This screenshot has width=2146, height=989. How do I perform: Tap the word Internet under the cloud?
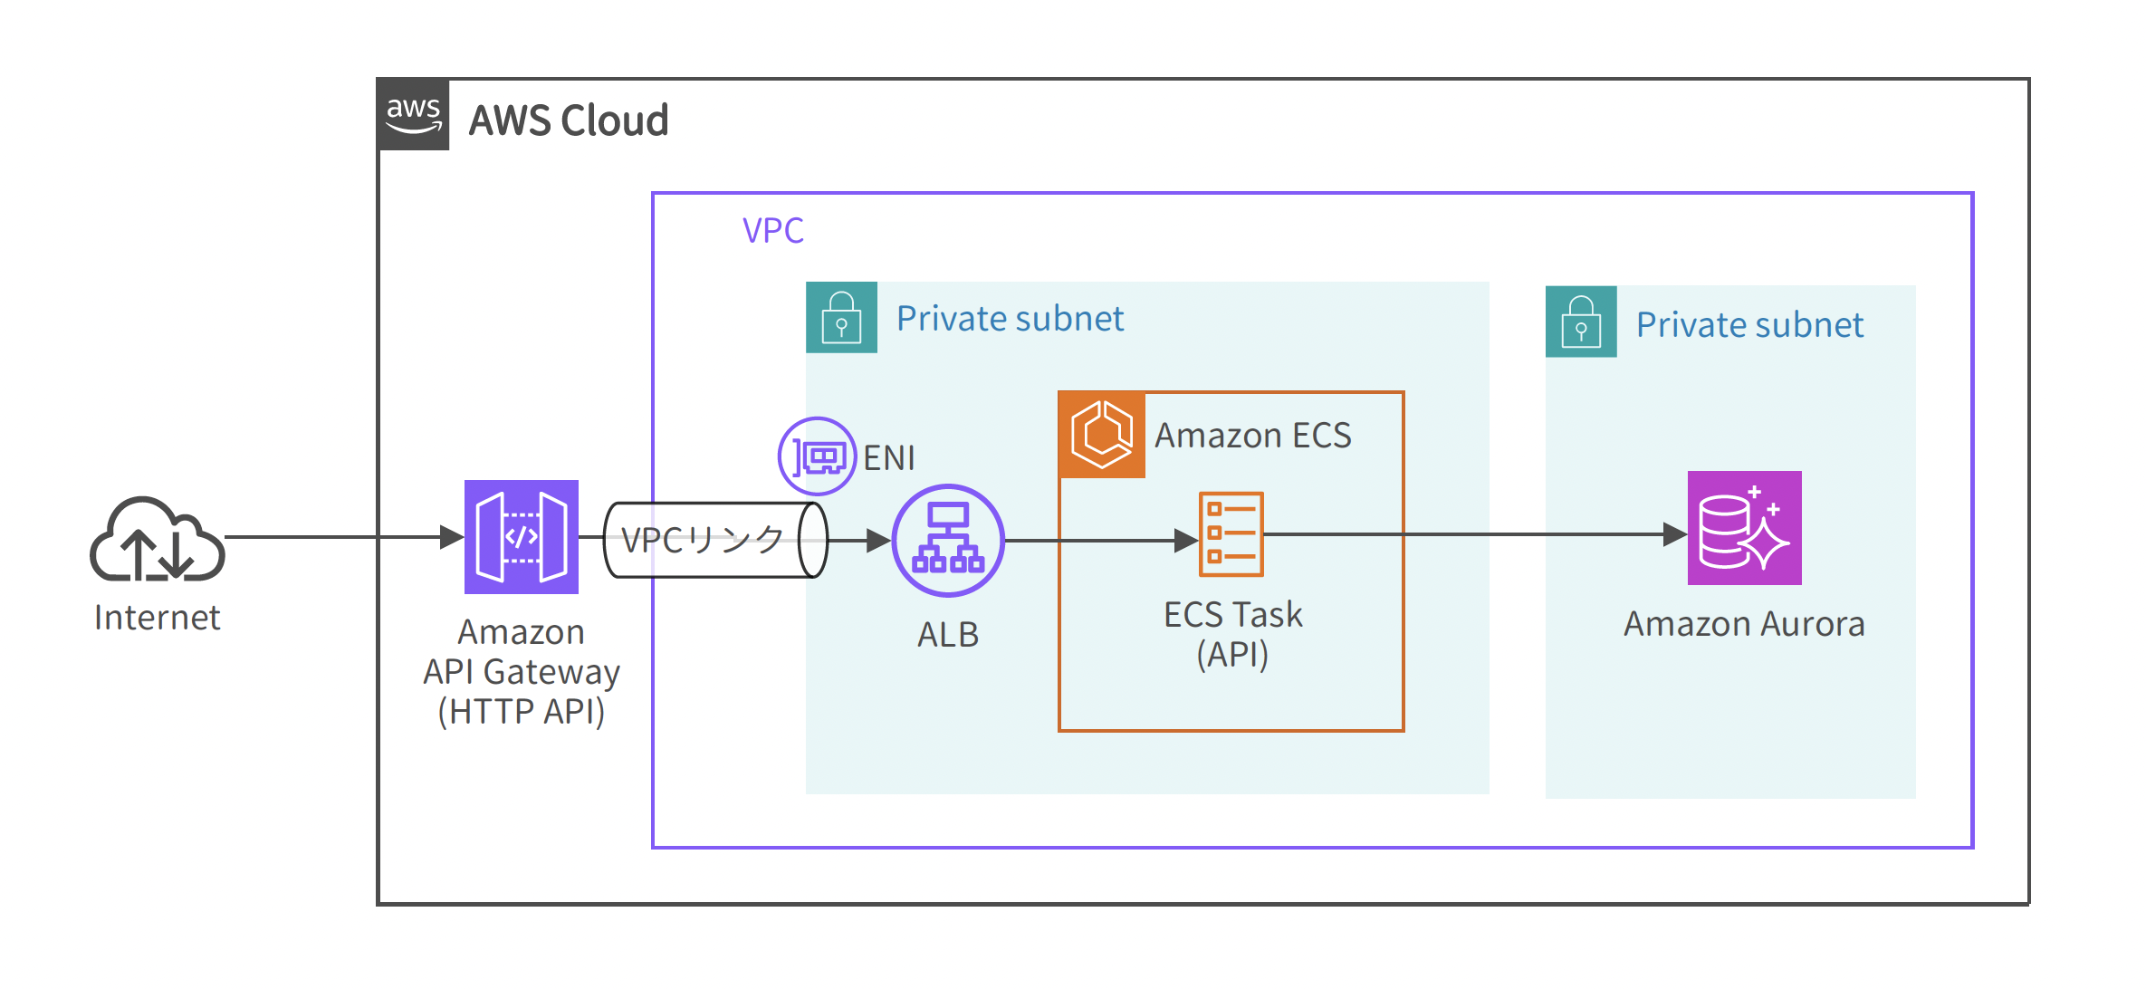coord(157,618)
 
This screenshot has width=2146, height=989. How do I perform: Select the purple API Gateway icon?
coord(521,537)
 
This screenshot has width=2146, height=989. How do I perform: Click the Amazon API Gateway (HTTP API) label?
coord(521,672)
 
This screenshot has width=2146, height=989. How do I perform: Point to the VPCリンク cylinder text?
coord(702,540)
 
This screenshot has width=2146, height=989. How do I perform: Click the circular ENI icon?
coord(817,456)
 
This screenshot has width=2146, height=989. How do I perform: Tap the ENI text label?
coord(889,458)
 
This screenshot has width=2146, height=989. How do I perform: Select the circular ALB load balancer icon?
coord(948,541)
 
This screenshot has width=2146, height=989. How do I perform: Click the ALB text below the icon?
coord(948,635)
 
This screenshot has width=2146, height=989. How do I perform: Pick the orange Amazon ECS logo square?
coord(1102,435)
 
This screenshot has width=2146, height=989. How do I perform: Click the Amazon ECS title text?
coord(1252,436)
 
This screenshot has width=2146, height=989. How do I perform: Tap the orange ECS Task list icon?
coord(1231,534)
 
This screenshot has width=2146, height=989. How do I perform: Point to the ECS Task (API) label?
coord(1232,634)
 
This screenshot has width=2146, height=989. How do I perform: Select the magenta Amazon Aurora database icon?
coord(1744,528)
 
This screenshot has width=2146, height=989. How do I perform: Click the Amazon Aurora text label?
coord(1744,624)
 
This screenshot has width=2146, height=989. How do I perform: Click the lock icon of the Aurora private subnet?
coord(1581,322)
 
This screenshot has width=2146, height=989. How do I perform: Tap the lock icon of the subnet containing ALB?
coord(841,318)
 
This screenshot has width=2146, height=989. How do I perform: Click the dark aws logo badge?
coord(414,115)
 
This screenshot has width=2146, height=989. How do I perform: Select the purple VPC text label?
coord(772,231)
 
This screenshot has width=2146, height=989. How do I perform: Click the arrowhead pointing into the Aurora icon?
coord(1674,534)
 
